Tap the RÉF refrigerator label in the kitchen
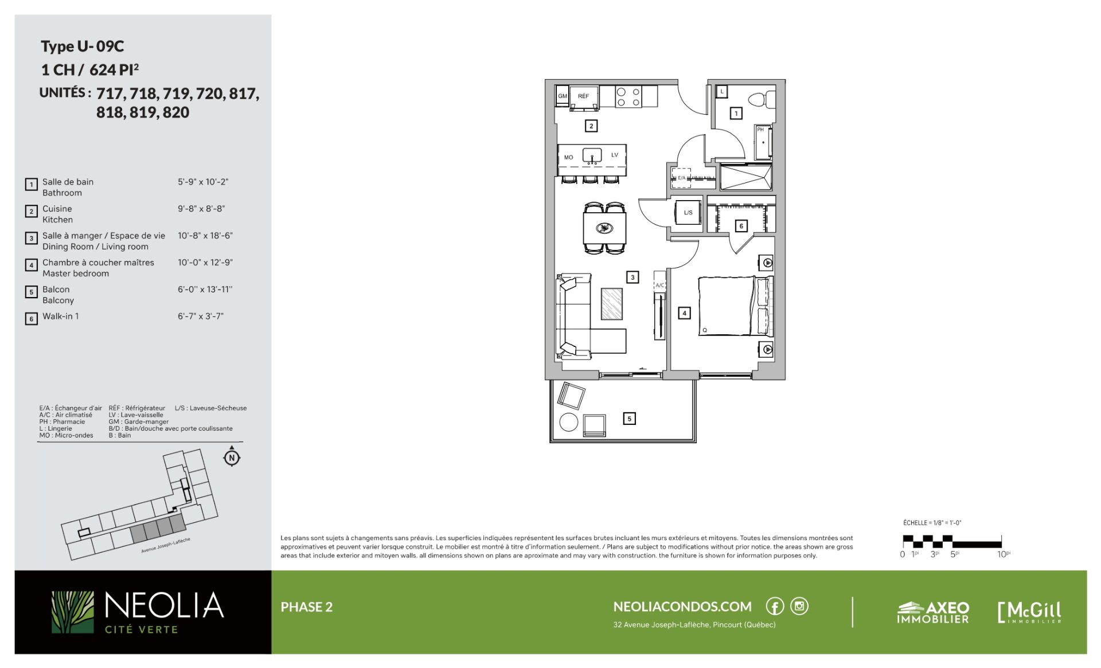583,96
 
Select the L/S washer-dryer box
688,213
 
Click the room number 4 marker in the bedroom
684,313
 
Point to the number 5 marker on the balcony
629,419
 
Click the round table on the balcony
568,422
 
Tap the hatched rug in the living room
611,304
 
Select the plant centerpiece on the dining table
604,228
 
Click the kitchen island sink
592,155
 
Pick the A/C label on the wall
660,285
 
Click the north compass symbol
232,457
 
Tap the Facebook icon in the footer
775,606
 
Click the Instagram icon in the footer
799,606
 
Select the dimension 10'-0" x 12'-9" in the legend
205,263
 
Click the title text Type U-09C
82,46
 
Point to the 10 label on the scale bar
1002,554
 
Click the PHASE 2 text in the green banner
307,607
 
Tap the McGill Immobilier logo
1029,612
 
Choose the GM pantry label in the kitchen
563,96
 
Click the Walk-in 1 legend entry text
61,317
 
